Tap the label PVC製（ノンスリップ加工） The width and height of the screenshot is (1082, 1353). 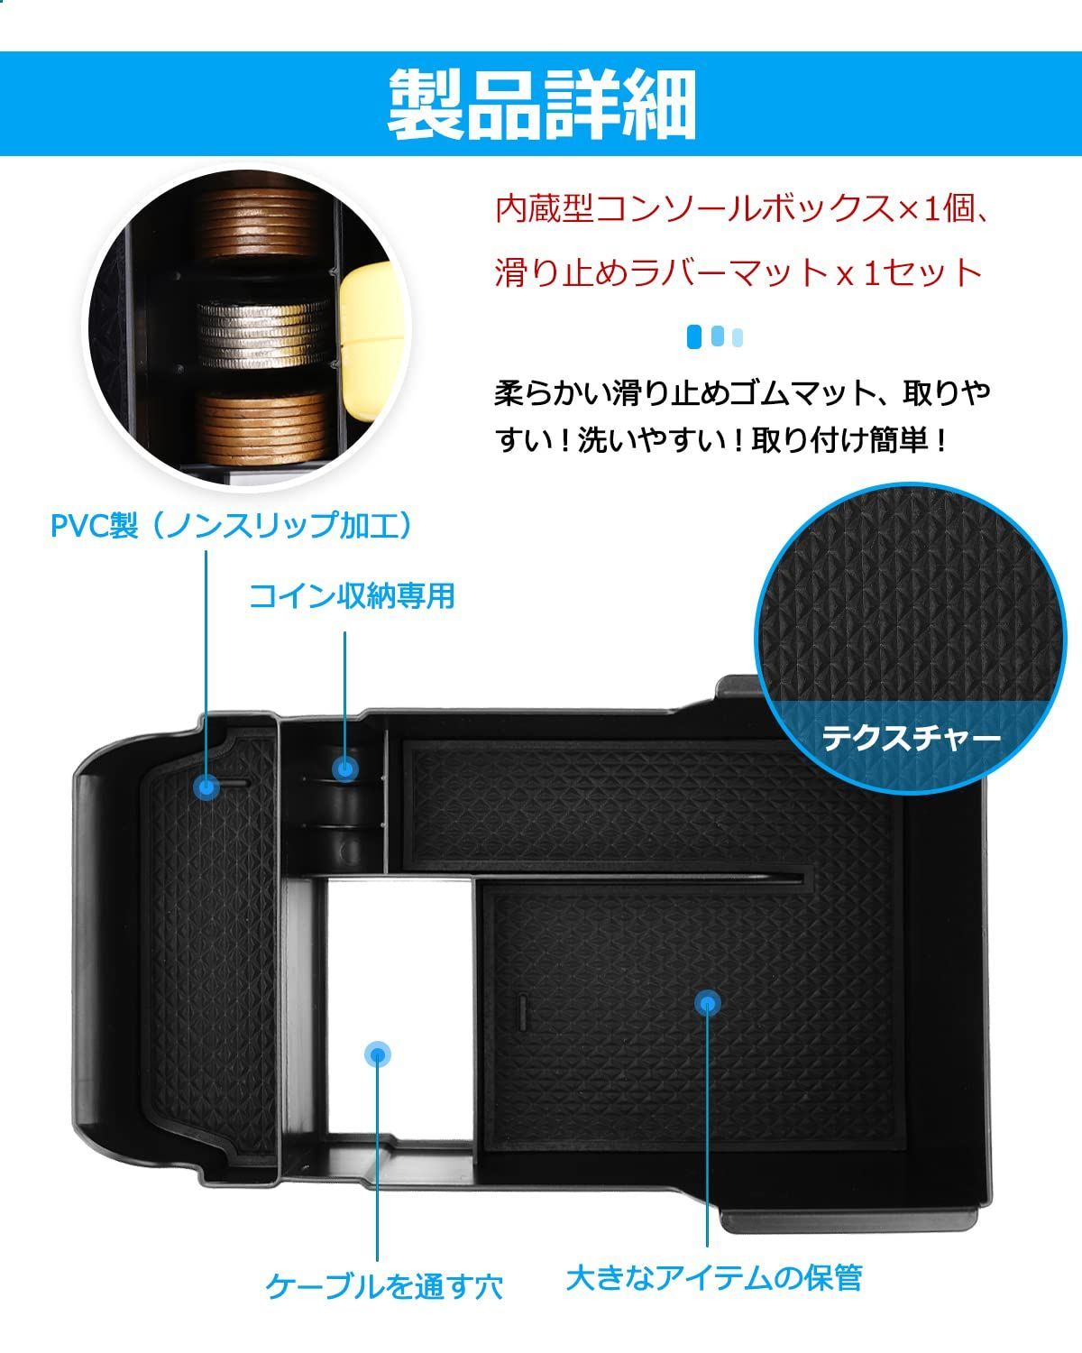[232, 525]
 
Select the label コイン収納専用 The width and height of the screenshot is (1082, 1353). [352, 595]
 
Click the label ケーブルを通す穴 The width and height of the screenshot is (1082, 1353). [384, 1285]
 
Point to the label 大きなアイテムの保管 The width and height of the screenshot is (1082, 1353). [714, 1277]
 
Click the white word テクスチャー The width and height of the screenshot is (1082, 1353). [911, 740]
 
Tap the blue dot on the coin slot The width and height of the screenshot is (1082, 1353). [344, 769]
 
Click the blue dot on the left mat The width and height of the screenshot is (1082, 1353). [207, 787]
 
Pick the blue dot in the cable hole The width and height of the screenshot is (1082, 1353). [377, 1054]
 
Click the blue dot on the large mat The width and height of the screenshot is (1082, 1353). [710, 1003]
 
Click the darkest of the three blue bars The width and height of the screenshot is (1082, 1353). [693, 337]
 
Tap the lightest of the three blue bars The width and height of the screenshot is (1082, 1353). [738, 337]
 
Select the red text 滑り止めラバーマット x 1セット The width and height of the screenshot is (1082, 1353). [738, 272]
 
